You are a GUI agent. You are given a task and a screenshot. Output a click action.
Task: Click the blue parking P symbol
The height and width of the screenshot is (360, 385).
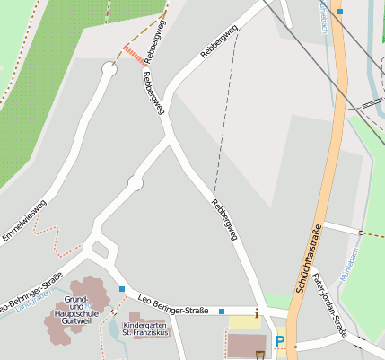(x=279, y=341)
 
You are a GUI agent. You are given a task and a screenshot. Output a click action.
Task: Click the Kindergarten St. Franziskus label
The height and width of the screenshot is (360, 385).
(x=145, y=329)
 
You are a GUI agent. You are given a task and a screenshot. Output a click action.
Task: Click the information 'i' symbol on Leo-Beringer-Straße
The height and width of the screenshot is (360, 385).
(x=257, y=313)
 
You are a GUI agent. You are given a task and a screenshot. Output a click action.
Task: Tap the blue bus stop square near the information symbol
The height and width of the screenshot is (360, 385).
(x=222, y=312)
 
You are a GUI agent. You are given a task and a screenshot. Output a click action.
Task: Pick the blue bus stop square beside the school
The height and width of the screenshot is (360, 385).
(x=122, y=289)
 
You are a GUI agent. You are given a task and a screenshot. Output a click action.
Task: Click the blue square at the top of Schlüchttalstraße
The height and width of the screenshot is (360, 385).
(x=340, y=12)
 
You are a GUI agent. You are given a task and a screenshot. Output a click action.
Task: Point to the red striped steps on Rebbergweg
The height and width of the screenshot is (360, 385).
(x=135, y=55)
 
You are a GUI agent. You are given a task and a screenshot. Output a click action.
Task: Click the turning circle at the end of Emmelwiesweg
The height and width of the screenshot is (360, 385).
(x=109, y=68)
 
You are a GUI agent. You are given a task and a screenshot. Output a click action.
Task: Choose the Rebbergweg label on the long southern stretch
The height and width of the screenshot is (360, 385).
(x=224, y=218)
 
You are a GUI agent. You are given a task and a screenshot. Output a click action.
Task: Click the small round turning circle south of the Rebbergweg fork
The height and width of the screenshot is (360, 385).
(x=135, y=183)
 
